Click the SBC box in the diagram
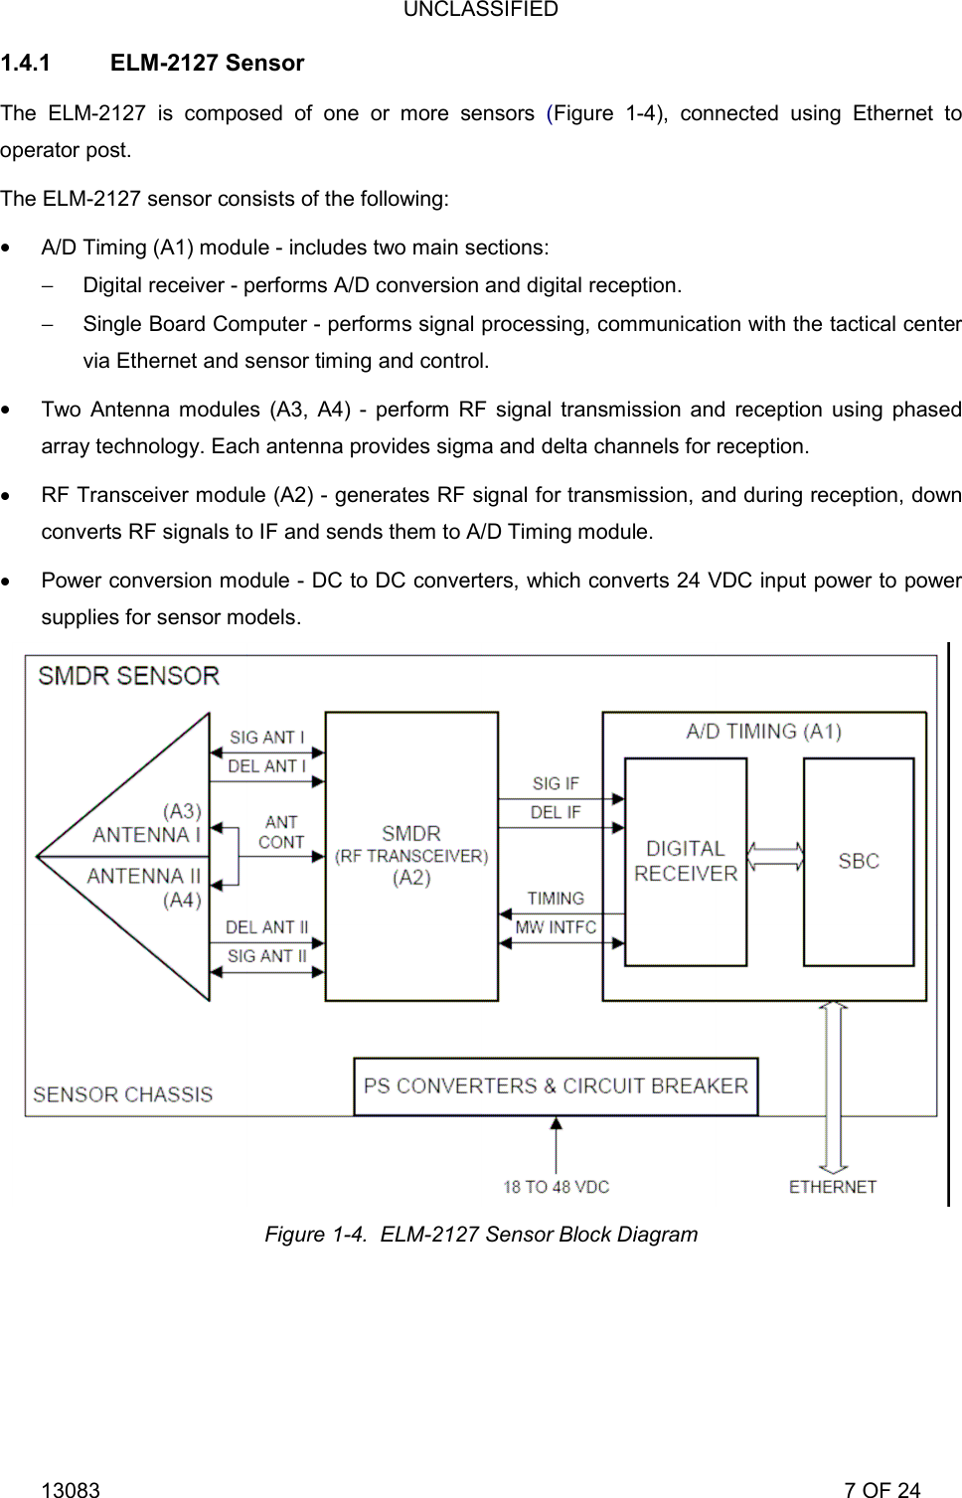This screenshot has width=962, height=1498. click(859, 861)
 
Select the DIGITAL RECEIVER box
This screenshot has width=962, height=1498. click(686, 861)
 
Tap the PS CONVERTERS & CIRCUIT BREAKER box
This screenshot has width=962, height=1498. click(556, 1085)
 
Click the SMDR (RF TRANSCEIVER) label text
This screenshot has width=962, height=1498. click(411, 855)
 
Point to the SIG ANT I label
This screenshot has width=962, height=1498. click(266, 738)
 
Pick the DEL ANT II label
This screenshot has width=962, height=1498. click(266, 927)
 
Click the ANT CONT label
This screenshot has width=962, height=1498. click(281, 832)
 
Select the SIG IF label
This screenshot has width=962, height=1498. click(555, 784)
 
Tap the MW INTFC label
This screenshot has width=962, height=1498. click(556, 927)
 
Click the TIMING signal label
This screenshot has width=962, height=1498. click(556, 899)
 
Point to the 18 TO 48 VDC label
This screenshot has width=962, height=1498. click(556, 1187)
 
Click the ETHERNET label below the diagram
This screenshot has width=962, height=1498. click(833, 1187)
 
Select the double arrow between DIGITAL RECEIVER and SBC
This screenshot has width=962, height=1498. click(775, 857)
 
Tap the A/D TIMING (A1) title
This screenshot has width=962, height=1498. click(763, 732)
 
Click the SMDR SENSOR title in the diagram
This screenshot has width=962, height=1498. click(128, 676)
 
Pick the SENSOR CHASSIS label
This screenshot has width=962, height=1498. click(122, 1094)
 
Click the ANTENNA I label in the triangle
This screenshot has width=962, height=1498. click(146, 835)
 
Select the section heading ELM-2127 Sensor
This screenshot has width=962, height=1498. click(207, 63)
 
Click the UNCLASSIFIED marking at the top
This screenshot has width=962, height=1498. click(481, 10)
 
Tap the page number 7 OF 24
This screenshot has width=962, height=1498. click(882, 1489)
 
